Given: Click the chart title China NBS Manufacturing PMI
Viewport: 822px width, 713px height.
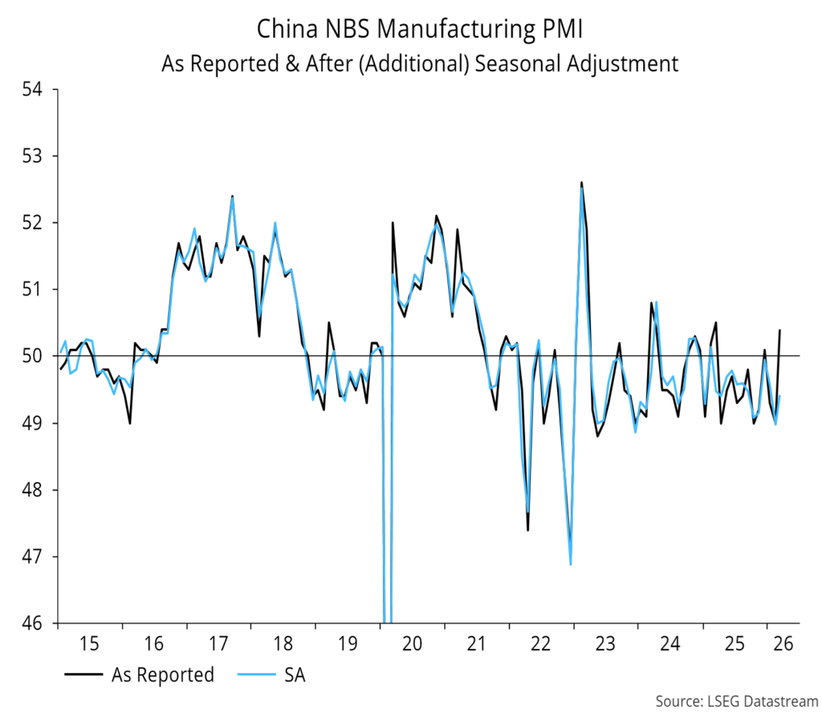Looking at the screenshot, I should [x=420, y=30].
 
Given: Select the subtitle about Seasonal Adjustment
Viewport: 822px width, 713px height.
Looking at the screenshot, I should [x=420, y=63].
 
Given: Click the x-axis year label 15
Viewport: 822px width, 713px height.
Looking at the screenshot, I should [x=89, y=643].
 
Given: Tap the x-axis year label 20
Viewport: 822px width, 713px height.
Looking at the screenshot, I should [x=412, y=643].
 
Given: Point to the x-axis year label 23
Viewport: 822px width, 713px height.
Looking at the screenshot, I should [x=605, y=643].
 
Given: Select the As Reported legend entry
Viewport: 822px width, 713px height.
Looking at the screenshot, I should [x=162, y=675].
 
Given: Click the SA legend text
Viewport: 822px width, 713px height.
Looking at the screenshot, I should [x=294, y=675].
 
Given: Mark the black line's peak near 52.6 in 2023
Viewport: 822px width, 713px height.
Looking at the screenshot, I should [x=581, y=182].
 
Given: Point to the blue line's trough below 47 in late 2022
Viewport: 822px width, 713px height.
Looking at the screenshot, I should [x=571, y=565].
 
